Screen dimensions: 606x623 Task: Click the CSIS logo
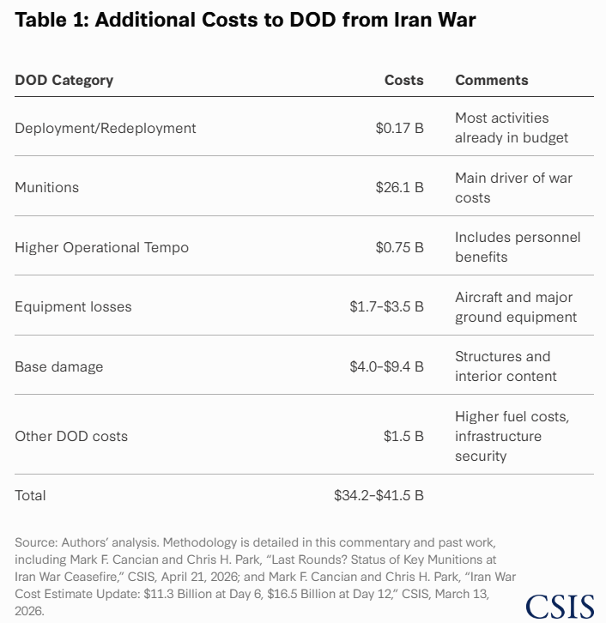560,607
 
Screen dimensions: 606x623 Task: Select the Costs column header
403,81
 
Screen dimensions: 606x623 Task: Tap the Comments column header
492,81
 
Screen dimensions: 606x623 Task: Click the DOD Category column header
64,81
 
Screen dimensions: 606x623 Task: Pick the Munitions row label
47,188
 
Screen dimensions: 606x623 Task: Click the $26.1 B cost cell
399,188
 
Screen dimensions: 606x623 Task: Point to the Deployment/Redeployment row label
106,129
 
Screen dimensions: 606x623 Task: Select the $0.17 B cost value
399,129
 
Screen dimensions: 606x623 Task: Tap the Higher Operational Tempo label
102,247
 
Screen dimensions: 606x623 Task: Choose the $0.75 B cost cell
399,247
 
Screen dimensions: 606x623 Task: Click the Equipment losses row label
73,306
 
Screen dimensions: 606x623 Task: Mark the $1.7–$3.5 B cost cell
386,306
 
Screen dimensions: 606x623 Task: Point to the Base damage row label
59,366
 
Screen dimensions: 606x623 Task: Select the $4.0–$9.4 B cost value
386,366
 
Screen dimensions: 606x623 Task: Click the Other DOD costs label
71,436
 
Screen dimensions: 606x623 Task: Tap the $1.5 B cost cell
403,436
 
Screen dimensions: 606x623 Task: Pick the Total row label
30,495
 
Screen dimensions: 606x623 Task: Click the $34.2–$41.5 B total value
379,495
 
